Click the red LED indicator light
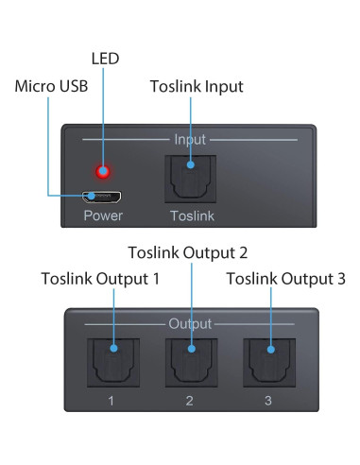[x=103, y=172]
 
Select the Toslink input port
[x=192, y=178]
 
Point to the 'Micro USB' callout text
[x=52, y=87]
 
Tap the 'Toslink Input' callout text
[x=197, y=87]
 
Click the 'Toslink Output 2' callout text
[x=188, y=253]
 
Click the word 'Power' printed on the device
[x=102, y=216]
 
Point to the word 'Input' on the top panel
[x=189, y=140]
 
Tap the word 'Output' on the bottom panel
[x=190, y=324]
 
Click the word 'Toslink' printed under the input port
[x=192, y=216]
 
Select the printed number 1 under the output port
[x=111, y=402]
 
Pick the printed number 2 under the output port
[x=190, y=402]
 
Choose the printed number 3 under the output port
[x=268, y=402]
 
